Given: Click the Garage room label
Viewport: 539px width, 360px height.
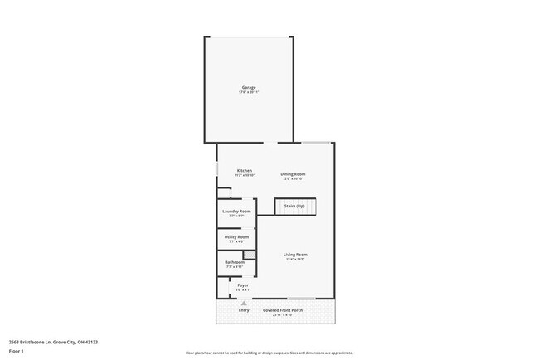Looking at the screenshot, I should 248,87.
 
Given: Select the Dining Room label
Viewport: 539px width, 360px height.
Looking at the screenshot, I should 293,173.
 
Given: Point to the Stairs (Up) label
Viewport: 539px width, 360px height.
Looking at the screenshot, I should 294,206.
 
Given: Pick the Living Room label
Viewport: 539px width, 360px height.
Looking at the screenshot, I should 295,254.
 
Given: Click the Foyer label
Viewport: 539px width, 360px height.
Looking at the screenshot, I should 243,285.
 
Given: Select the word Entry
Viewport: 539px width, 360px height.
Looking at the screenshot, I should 244,310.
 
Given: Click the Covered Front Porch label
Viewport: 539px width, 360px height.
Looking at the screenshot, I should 284,310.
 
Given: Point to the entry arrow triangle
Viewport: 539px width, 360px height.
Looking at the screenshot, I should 244,304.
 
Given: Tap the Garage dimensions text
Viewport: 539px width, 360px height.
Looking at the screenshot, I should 248,92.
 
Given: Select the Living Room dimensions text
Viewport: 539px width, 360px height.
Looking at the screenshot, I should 295,259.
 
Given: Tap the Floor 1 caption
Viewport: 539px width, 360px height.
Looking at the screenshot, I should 17,351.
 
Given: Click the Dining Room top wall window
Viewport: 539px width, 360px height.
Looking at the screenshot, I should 316,143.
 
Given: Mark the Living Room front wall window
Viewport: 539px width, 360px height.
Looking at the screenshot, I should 301,299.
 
